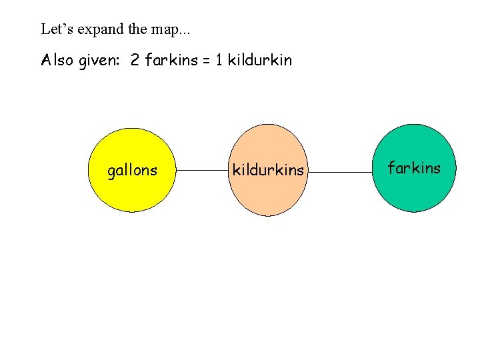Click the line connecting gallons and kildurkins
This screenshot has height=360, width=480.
[x=203, y=171]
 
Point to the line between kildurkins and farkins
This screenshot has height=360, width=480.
[x=340, y=171]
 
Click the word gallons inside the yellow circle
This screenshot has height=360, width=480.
[x=133, y=171]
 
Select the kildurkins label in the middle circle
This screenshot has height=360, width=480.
[x=268, y=171]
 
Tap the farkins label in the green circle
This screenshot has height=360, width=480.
[x=414, y=168]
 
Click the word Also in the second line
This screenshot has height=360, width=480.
[x=55, y=61]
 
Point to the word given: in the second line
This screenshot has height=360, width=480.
[x=101, y=61]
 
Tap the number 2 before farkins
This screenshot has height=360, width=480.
[x=135, y=61]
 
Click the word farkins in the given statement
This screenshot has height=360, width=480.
[x=170, y=61]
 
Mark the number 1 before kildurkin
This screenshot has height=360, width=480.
[x=219, y=61]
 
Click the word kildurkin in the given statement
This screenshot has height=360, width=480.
[x=260, y=61]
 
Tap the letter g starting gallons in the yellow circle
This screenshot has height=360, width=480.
[x=111, y=172]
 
